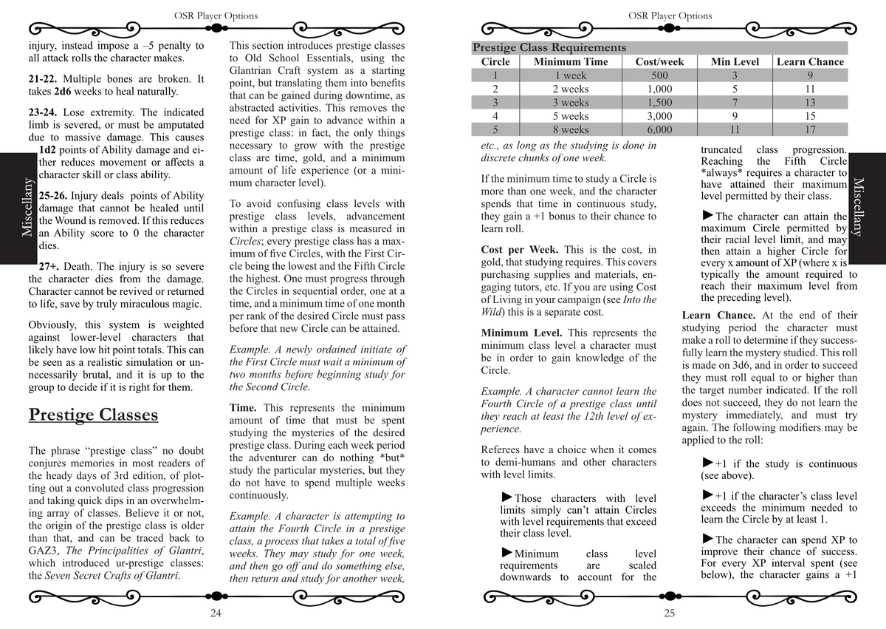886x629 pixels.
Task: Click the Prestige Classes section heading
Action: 93,415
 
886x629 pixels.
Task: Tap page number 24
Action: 216,613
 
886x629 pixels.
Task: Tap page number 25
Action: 669,613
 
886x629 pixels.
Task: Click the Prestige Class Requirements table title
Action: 549,47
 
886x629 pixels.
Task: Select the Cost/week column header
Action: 659,61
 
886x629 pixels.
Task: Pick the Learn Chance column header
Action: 810,61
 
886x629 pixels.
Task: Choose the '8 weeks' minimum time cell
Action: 571,129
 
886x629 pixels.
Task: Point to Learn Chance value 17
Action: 810,129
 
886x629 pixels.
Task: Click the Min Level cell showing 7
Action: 735,103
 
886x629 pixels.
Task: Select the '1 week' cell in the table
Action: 571,75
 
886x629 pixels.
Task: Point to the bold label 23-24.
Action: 43,113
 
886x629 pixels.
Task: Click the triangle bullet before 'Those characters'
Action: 506,497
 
